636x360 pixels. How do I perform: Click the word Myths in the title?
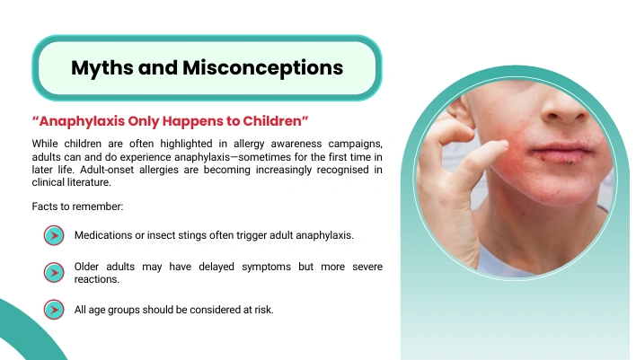tap(102, 68)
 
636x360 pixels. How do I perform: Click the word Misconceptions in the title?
tap(263, 68)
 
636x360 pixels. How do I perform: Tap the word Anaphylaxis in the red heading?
tap(82, 121)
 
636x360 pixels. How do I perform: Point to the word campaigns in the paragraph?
tap(355, 145)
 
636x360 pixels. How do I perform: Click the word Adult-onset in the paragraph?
tap(107, 170)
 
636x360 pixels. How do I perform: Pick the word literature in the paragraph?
tap(89, 182)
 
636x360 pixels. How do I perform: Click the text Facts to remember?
tap(77, 206)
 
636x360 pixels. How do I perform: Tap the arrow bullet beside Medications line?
tap(54, 235)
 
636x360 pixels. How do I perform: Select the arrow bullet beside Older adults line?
tap(54, 272)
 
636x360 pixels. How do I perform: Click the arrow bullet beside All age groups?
tap(54, 310)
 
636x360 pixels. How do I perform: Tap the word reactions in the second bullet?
tap(96, 279)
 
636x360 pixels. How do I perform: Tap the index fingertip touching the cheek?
tap(503, 145)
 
